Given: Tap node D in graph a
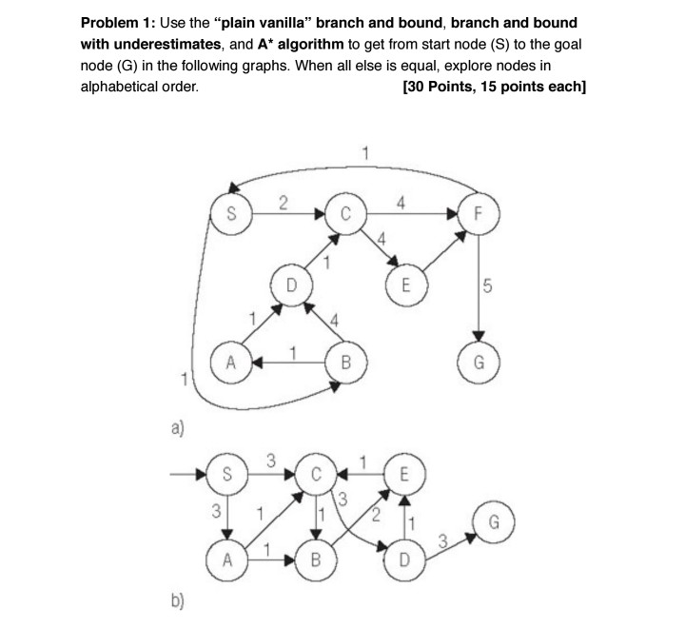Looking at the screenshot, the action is coord(292,285).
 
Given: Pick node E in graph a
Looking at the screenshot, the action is coord(406,285).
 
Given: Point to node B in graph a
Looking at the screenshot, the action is coord(345,362).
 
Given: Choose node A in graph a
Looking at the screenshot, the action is coord(231,362).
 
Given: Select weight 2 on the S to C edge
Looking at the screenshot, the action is coord(282,201).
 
